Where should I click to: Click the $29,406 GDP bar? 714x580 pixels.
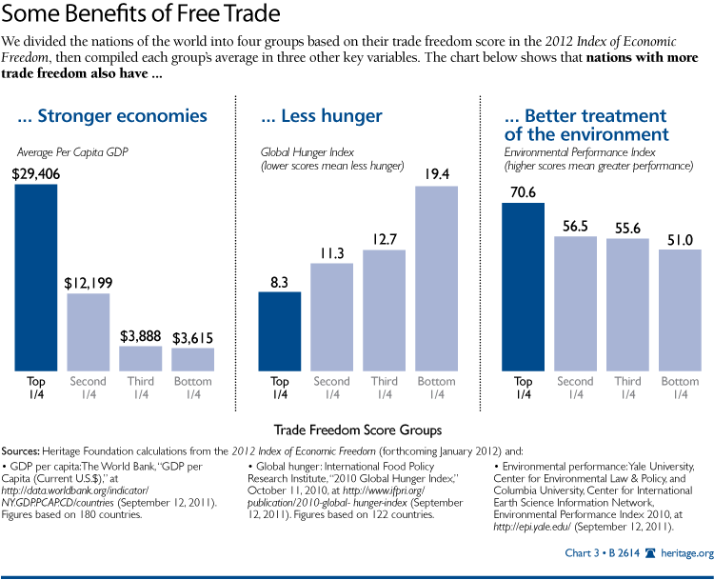[36, 277]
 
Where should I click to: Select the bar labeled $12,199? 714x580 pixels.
[89, 331]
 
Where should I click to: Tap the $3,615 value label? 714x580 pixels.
[193, 337]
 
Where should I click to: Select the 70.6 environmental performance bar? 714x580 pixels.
[524, 285]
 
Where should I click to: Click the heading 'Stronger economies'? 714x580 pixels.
[112, 116]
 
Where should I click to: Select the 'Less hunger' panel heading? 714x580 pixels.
[322, 116]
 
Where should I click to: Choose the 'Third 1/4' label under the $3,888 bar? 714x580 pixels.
[141, 388]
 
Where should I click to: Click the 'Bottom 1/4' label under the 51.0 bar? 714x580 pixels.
[680, 388]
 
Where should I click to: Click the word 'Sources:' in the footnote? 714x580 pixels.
[30, 446]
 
